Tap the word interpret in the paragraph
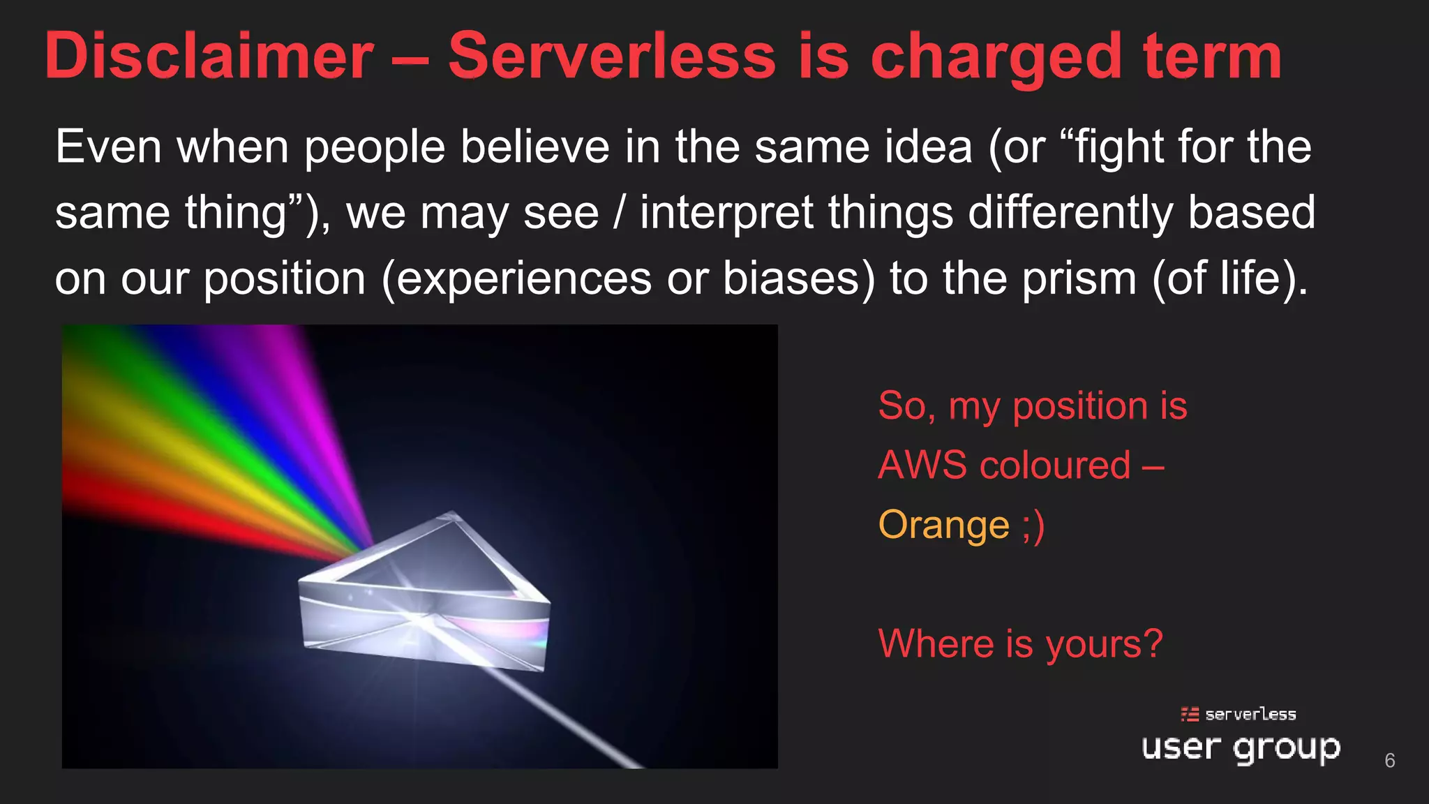pyautogui.click(x=726, y=213)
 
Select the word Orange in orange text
pyautogui.click(x=943, y=525)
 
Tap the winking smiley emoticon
pyautogui.click(x=1033, y=525)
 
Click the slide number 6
pyautogui.click(x=1389, y=760)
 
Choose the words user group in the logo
pyautogui.click(x=1241, y=748)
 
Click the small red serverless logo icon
pyautogui.click(x=1190, y=714)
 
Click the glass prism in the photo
pyautogui.click(x=426, y=593)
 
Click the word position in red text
pyautogui.click(x=1079, y=406)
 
